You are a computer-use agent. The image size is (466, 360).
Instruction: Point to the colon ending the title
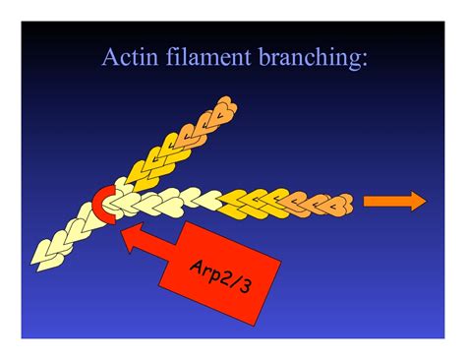click(x=367, y=60)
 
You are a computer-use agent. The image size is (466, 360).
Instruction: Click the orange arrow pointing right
click(x=394, y=202)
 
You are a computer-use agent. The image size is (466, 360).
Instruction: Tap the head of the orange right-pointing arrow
click(x=417, y=202)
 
